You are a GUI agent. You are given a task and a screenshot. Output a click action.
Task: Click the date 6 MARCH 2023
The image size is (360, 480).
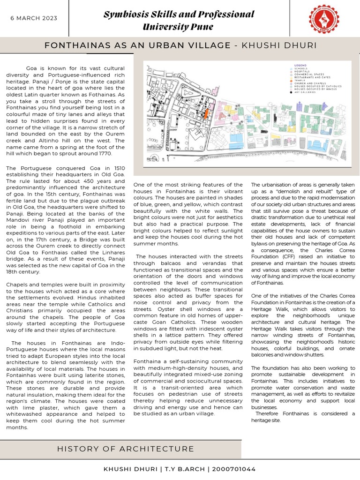[x=34, y=18]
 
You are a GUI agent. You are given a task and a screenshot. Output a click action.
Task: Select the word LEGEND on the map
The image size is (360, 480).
[x=300, y=65]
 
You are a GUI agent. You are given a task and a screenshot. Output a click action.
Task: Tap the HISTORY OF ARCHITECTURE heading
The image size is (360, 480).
[x=125, y=449]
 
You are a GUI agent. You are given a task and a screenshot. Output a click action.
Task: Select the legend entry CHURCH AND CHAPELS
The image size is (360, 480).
[x=314, y=83]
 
